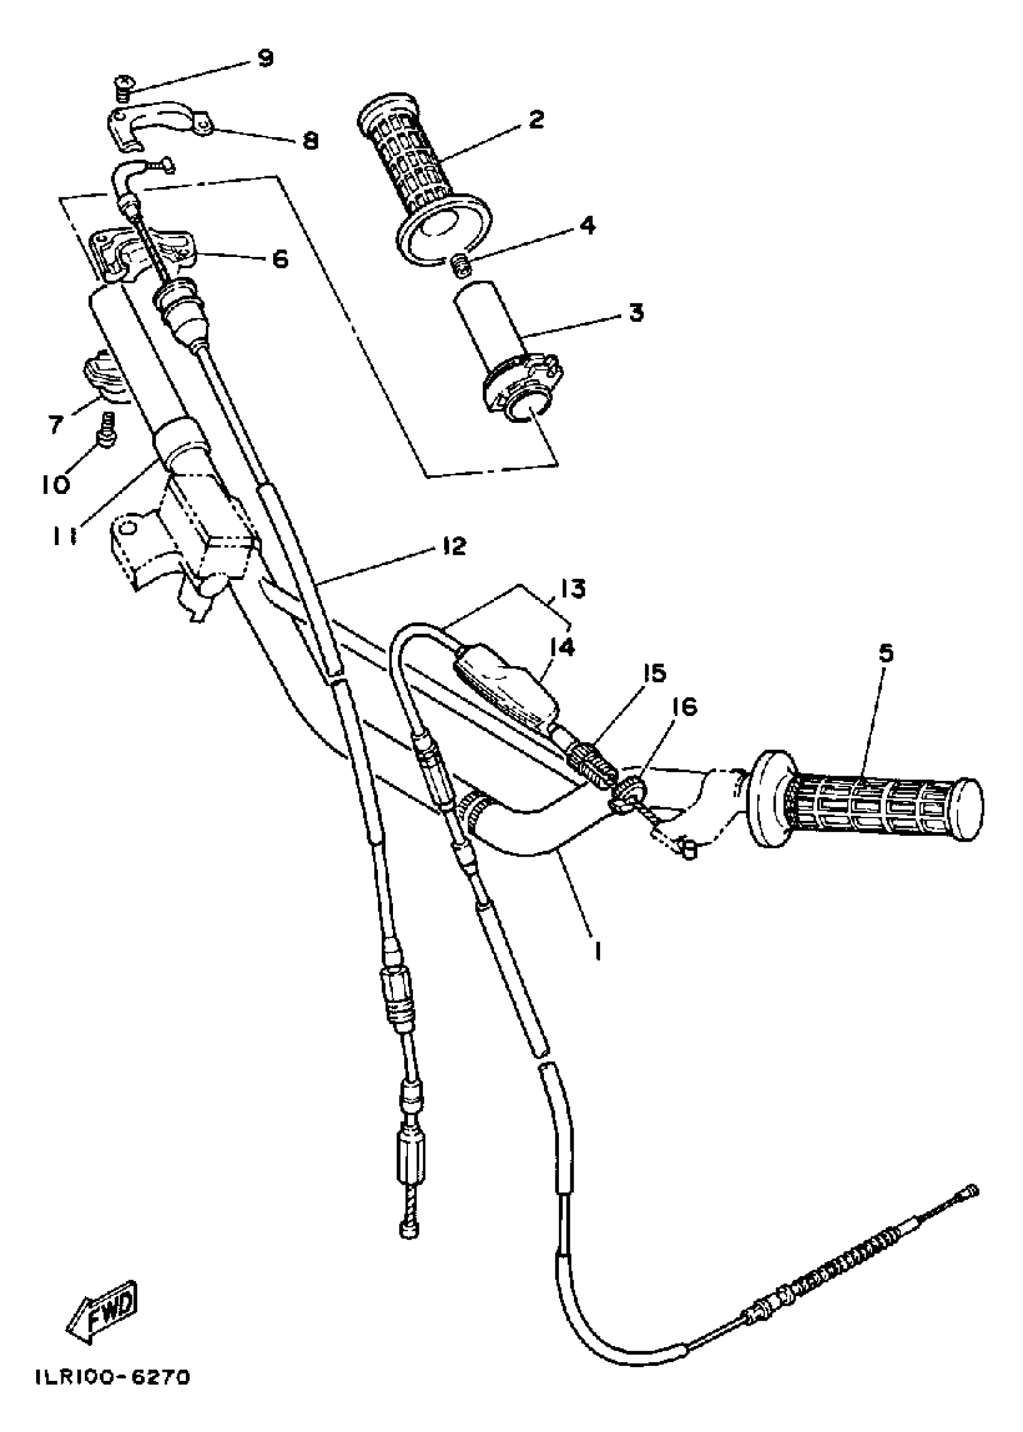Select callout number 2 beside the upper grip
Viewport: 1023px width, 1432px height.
point(536,119)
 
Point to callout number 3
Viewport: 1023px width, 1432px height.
point(637,312)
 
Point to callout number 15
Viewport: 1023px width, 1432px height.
point(654,674)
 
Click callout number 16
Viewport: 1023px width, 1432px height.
point(685,708)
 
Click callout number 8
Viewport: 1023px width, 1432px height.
point(310,140)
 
